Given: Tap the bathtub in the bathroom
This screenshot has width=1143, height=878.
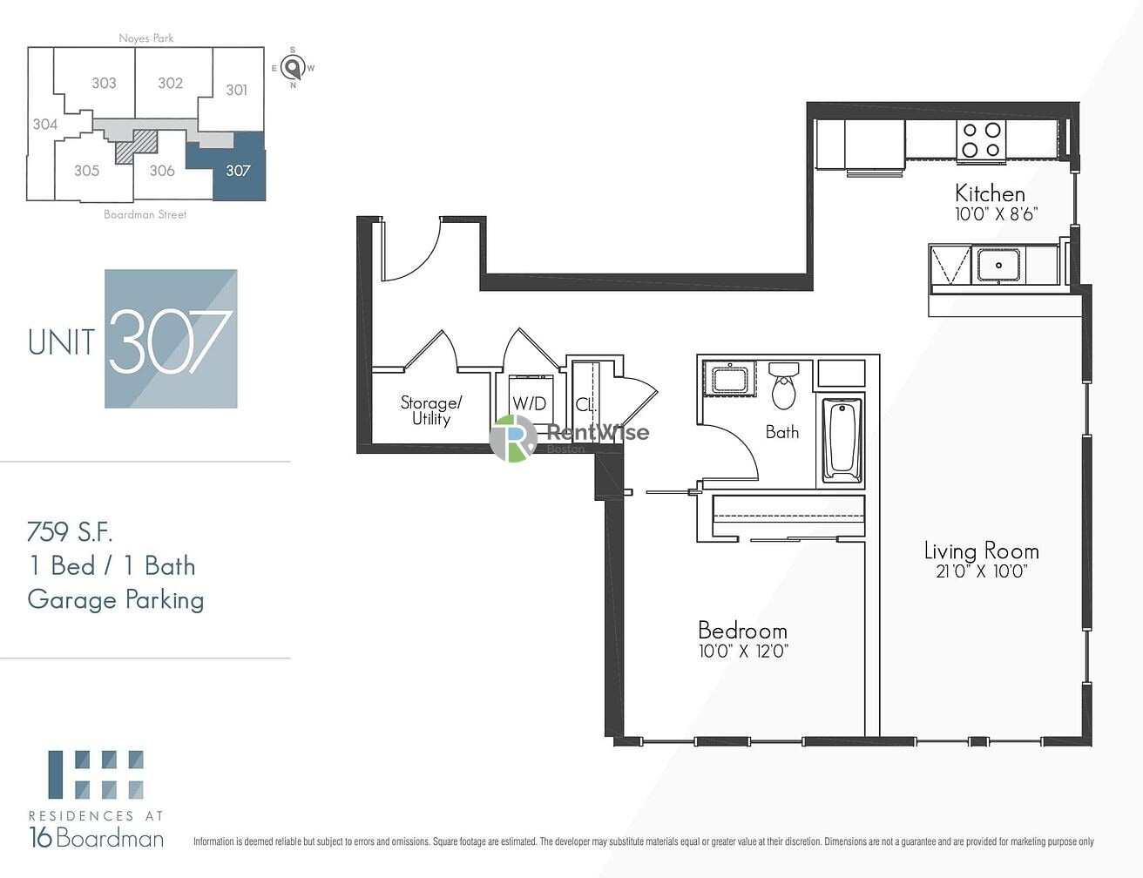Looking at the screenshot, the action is tap(842, 441).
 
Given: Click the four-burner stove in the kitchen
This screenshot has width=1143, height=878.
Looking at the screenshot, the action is tap(981, 140).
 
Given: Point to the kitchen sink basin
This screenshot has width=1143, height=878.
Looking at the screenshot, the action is tap(998, 265).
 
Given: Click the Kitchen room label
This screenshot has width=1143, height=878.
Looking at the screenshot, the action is tap(990, 194).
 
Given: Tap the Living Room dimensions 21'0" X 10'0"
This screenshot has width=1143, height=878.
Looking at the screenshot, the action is tap(982, 571).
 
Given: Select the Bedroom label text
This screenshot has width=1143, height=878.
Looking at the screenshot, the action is tap(742, 631).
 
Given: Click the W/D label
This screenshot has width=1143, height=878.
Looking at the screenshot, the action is tap(529, 404).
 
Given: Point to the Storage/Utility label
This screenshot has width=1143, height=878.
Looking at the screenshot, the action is tap(430, 410).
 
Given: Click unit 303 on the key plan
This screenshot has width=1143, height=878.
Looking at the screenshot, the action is tap(105, 83).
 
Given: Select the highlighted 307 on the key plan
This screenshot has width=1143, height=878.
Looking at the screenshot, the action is tap(239, 171).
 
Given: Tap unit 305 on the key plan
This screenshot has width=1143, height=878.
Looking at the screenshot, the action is tap(87, 171).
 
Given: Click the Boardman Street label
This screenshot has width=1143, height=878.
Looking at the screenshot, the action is tap(145, 214).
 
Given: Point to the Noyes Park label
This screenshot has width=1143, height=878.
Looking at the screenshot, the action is tap(146, 37).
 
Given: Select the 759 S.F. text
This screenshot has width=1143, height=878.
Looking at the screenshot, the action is tap(70, 532).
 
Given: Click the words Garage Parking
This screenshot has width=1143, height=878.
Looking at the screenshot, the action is tap(116, 600).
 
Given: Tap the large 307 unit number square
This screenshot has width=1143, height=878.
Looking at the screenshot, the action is tap(171, 339).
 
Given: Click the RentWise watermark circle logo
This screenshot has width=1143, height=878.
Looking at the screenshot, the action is tap(513, 438).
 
